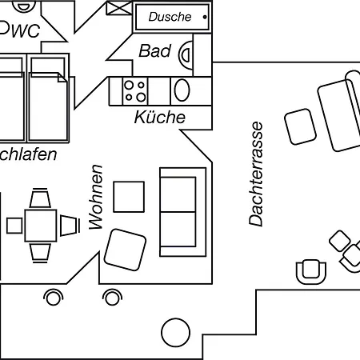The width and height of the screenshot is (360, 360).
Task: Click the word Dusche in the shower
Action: point(170,16)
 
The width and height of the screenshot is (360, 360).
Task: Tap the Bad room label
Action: point(155,51)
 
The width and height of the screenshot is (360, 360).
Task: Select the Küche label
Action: point(159,118)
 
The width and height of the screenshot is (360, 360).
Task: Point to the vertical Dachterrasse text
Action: point(256,174)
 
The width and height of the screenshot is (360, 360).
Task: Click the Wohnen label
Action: point(96,197)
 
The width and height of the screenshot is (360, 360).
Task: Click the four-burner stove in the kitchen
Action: point(133,90)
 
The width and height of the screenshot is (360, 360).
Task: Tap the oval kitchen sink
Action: point(182,90)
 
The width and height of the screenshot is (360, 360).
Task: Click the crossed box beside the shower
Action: point(117,9)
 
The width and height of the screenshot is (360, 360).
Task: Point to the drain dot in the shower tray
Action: point(205,16)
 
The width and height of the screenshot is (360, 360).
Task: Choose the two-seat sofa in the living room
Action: point(178,207)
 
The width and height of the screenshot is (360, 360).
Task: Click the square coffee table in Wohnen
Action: point(129,197)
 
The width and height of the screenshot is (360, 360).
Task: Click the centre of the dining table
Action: point(41,225)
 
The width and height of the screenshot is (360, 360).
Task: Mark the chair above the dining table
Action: point(40,198)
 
